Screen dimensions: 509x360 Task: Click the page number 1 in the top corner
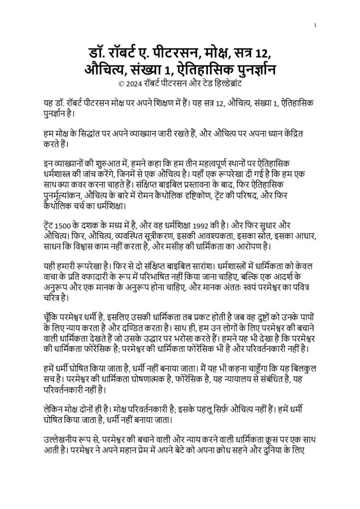[315, 26]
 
